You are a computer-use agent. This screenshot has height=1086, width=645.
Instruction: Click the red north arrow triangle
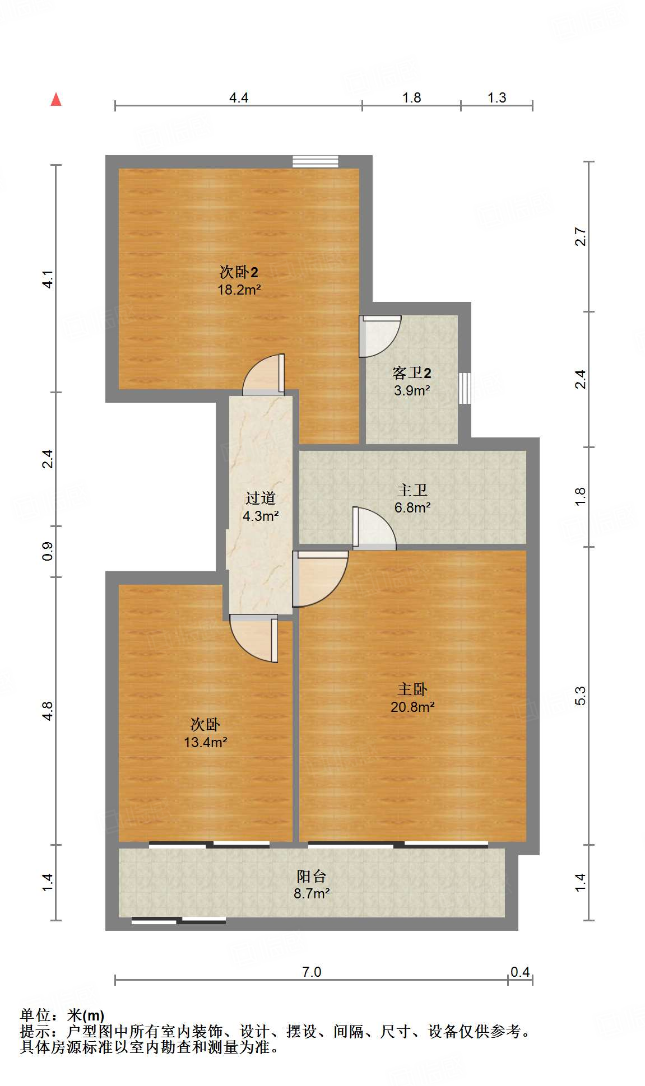click(x=56, y=100)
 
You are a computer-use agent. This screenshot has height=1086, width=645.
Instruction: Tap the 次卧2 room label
click(x=239, y=272)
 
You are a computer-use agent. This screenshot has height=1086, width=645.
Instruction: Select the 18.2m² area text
click(x=239, y=290)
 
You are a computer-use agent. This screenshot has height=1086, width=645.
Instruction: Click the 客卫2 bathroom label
click(x=411, y=372)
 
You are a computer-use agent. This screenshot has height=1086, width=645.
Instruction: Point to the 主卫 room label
click(x=412, y=490)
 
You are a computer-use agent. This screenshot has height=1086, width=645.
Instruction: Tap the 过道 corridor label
click(x=261, y=498)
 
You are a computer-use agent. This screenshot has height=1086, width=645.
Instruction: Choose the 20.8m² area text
click(x=412, y=707)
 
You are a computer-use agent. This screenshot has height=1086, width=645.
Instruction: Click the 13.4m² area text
click(x=205, y=742)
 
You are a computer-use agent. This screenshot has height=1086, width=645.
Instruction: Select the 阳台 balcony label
click(x=311, y=876)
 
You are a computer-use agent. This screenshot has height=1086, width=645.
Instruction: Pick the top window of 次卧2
click(x=315, y=161)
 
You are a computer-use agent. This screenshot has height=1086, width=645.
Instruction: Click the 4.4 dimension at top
click(x=239, y=97)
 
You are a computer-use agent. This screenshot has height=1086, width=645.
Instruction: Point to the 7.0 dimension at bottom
click(x=312, y=972)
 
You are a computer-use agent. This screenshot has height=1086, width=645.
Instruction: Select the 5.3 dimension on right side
click(x=581, y=696)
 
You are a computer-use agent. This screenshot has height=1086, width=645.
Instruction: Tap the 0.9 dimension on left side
click(x=48, y=551)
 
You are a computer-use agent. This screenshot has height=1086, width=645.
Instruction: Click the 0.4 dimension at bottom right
click(x=519, y=972)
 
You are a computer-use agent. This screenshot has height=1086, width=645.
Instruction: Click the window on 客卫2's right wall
click(x=465, y=388)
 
